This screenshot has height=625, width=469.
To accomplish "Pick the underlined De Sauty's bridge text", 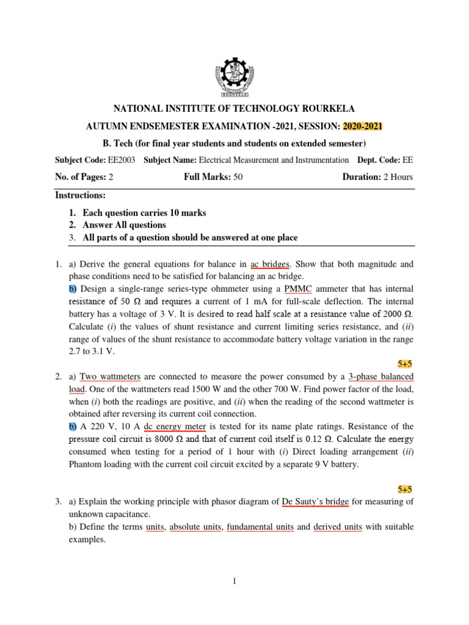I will [x=315, y=502].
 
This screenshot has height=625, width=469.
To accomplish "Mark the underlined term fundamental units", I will [x=260, y=526].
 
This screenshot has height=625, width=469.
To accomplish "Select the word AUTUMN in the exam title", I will [x=108, y=126].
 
